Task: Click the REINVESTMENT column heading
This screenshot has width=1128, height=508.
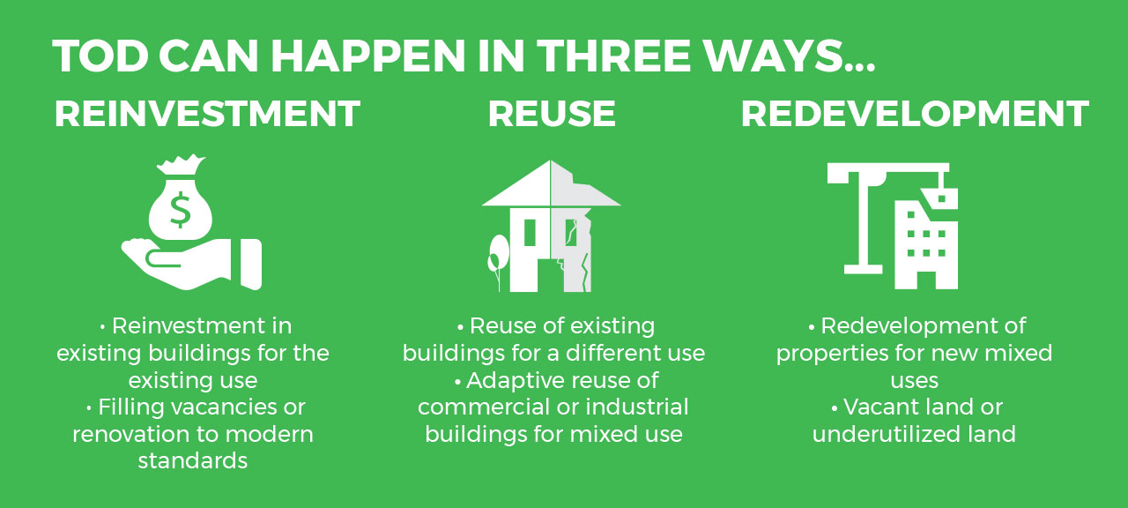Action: point(207,114)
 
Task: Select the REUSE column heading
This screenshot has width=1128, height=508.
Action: point(552,114)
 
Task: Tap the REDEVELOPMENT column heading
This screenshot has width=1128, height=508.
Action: point(915,114)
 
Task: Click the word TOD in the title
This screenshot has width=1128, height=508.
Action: point(100,56)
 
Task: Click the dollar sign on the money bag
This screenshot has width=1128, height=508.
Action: point(181,210)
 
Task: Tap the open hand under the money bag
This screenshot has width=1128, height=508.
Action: point(191,264)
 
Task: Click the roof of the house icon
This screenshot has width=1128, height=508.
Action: point(551,184)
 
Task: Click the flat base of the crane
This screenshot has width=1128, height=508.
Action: point(863,269)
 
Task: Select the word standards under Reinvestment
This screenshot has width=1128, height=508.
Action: point(193,461)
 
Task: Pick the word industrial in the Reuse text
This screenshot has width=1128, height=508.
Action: point(637,407)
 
